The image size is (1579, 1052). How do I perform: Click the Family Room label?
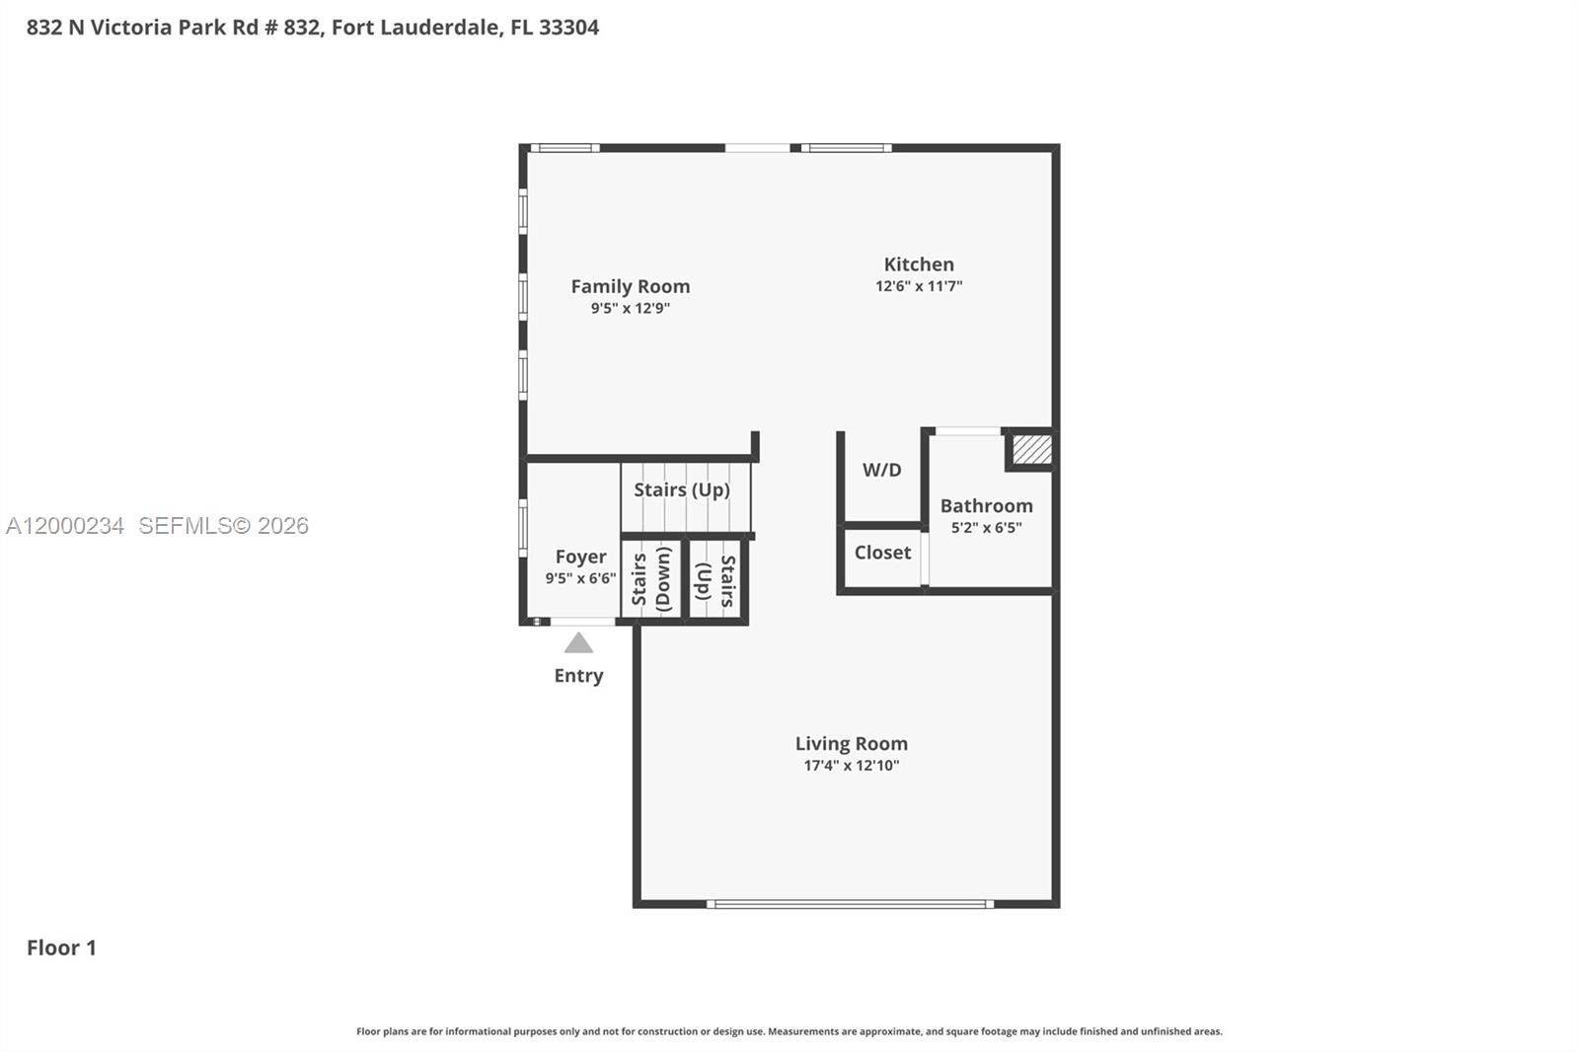tap(630, 286)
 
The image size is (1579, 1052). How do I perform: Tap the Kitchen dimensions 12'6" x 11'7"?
tap(918, 286)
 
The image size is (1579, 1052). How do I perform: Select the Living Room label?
tap(851, 744)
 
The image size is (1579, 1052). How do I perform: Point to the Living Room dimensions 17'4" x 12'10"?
tap(851, 766)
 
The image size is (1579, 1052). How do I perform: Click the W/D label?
tap(881, 470)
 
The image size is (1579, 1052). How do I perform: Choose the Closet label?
tap(882, 553)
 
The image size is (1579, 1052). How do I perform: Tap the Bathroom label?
tap(986, 506)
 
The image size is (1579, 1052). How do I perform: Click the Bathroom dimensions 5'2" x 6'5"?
tap(986, 528)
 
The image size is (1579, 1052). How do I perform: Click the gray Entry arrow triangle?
tap(578, 644)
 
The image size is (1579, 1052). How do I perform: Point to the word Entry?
tap(578, 676)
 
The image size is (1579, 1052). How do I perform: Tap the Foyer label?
tap(580, 557)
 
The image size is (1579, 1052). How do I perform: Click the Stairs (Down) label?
tap(651, 578)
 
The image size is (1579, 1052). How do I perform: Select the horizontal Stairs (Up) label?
tap(681, 489)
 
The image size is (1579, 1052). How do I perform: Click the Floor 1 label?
tap(61, 948)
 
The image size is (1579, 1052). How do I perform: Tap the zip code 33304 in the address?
tap(568, 28)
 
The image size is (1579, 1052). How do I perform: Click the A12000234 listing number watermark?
tap(65, 526)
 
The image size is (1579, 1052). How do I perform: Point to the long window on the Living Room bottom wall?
tap(850, 903)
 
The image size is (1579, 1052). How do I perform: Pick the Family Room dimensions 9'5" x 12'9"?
tap(630, 308)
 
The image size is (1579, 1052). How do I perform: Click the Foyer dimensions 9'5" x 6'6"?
tap(580, 578)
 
